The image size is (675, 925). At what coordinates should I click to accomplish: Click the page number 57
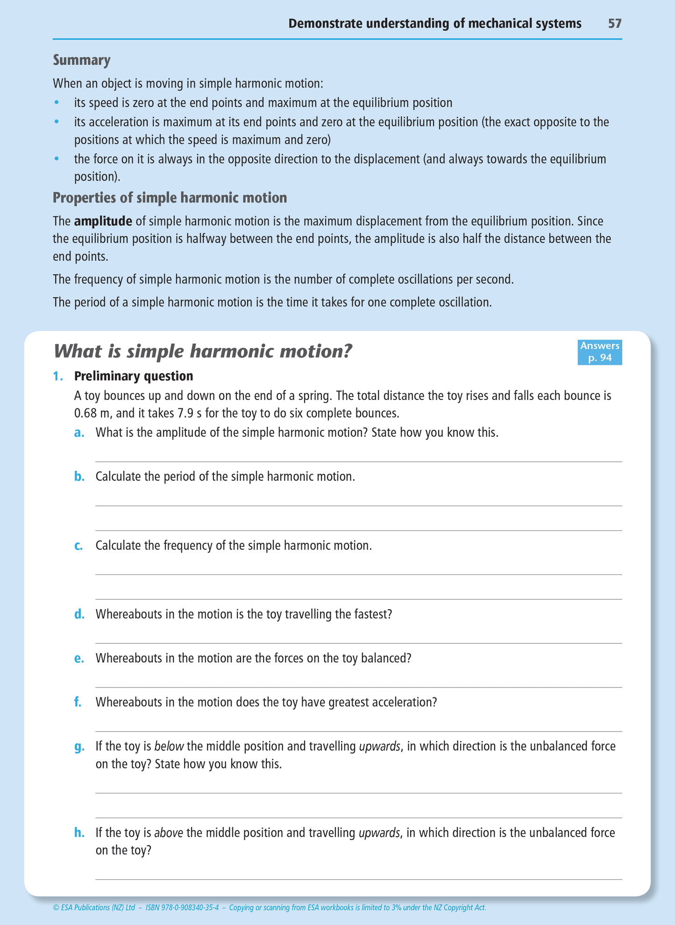[614, 23]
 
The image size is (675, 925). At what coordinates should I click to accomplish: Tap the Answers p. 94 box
[599, 352]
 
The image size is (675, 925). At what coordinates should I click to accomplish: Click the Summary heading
[81, 60]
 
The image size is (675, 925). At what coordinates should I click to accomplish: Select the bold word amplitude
[103, 221]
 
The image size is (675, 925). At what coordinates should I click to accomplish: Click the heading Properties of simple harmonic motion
[170, 198]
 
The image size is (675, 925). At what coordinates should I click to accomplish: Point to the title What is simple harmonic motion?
[203, 351]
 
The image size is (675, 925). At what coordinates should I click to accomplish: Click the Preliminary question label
[134, 376]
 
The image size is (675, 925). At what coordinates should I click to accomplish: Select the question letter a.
[79, 433]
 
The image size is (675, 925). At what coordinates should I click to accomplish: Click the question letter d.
[79, 614]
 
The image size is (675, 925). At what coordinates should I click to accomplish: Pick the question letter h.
[79, 832]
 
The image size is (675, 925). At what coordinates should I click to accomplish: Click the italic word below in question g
[169, 746]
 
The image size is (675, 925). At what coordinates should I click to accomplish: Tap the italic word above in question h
[168, 832]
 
